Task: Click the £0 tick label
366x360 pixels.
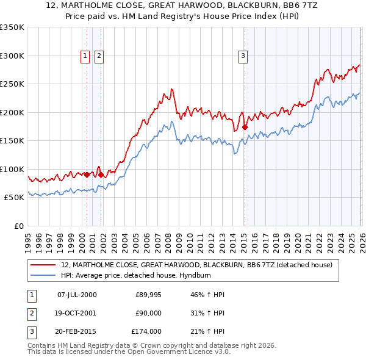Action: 17,226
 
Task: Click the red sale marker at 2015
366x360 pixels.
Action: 245,128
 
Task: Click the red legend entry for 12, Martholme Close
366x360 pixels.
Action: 196,265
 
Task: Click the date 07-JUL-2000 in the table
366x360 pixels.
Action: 77,295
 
